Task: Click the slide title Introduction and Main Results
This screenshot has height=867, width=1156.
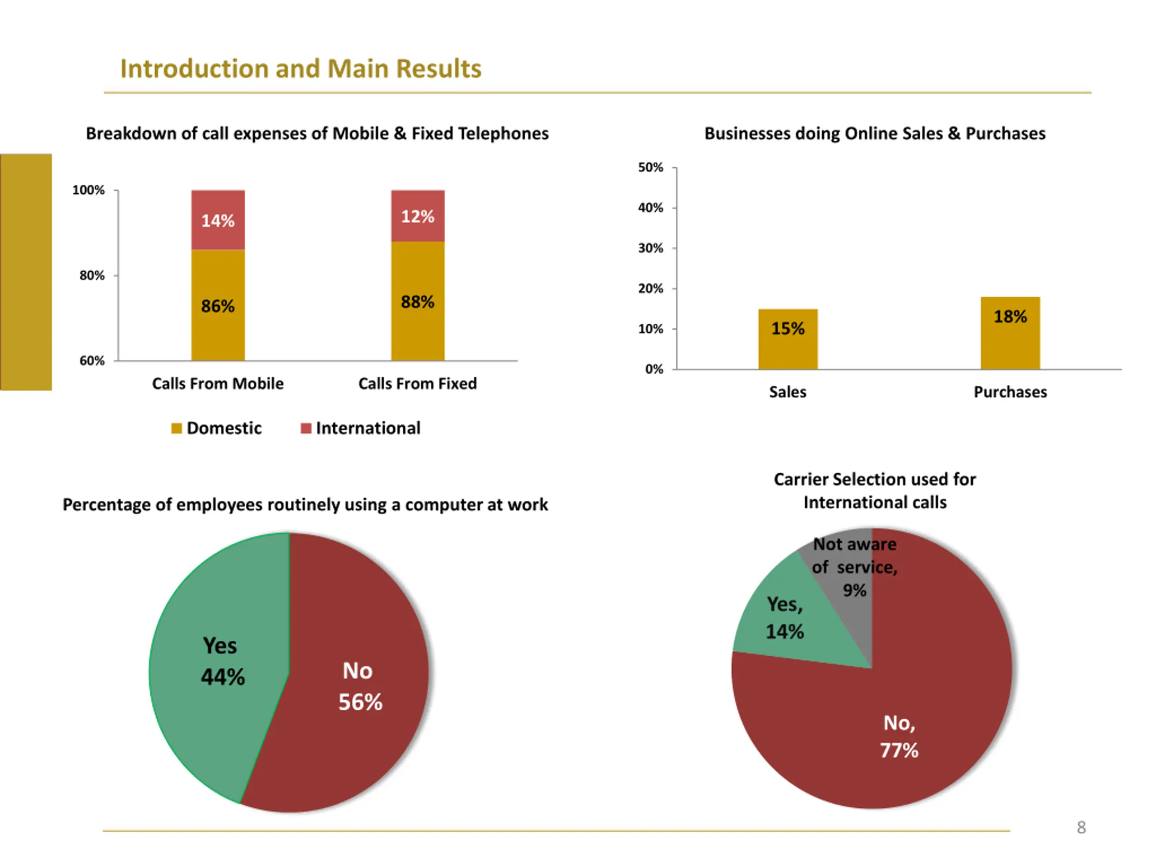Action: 300,69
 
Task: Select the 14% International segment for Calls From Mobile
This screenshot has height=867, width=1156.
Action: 218,220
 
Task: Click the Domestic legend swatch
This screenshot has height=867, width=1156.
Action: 177,429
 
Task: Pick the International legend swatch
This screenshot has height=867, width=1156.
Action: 306,429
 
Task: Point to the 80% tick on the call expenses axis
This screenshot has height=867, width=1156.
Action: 92,275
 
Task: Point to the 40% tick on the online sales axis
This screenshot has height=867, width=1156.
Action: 651,208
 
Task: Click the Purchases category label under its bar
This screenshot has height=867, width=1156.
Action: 1010,392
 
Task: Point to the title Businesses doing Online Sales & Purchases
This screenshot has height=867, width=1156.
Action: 875,134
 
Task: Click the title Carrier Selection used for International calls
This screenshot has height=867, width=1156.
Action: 874,490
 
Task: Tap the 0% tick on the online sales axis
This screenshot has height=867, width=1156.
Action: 654,369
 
